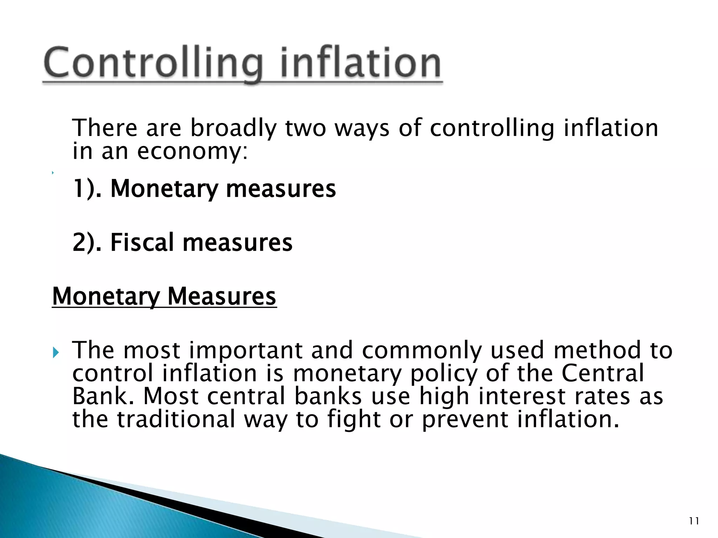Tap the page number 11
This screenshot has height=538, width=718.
694,521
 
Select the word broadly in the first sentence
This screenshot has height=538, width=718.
233,128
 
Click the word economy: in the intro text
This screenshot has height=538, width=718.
192,151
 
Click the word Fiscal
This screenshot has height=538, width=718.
142,242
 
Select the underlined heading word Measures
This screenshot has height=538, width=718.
222,296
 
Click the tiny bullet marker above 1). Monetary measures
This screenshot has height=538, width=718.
53,173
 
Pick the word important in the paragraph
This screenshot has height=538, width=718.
245,350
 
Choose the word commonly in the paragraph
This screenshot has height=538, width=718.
422,350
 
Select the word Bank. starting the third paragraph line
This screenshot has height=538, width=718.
103,396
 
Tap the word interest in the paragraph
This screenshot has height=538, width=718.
522,396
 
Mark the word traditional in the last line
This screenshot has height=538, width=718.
176,419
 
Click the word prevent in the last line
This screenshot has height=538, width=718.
465,419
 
